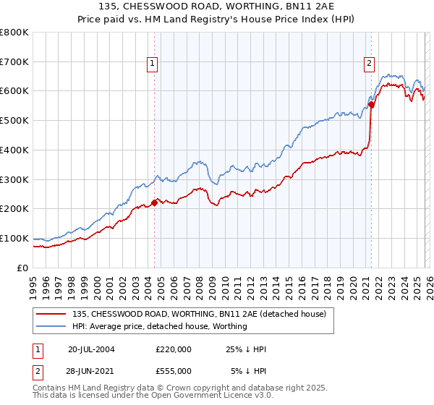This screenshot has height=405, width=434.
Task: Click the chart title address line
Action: point(217,7)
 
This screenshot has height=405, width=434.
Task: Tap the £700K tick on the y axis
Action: point(14,61)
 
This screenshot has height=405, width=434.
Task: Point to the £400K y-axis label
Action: point(14,150)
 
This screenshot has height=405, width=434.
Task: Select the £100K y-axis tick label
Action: point(14,238)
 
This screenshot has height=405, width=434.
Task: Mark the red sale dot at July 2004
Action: point(154,202)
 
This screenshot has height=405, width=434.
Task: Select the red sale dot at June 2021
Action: point(371,104)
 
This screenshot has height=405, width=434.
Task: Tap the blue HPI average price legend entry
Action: point(159,326)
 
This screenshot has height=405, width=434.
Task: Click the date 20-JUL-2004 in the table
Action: point(91,349)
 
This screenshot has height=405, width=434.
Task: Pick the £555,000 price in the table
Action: point(173,370)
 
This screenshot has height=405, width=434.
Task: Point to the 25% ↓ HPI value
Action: point(247,349)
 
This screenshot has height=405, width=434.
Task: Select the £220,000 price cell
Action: point(173,349)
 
